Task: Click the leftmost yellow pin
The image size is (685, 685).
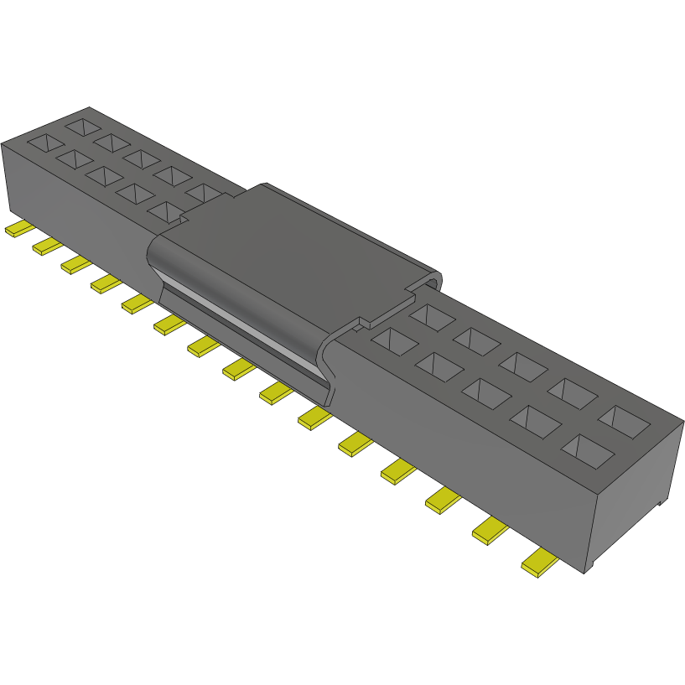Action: (18, 229)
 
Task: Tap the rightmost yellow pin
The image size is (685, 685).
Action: (539, 563)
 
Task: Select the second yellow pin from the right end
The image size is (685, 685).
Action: (490, 531)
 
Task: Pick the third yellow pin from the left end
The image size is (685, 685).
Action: (76, 264)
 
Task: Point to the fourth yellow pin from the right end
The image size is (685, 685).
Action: (398, 472)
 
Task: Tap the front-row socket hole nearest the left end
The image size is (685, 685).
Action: (45, 143)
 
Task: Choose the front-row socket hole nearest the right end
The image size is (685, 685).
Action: (588, 450)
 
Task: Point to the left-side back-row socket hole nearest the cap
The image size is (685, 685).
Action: (204, 194)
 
